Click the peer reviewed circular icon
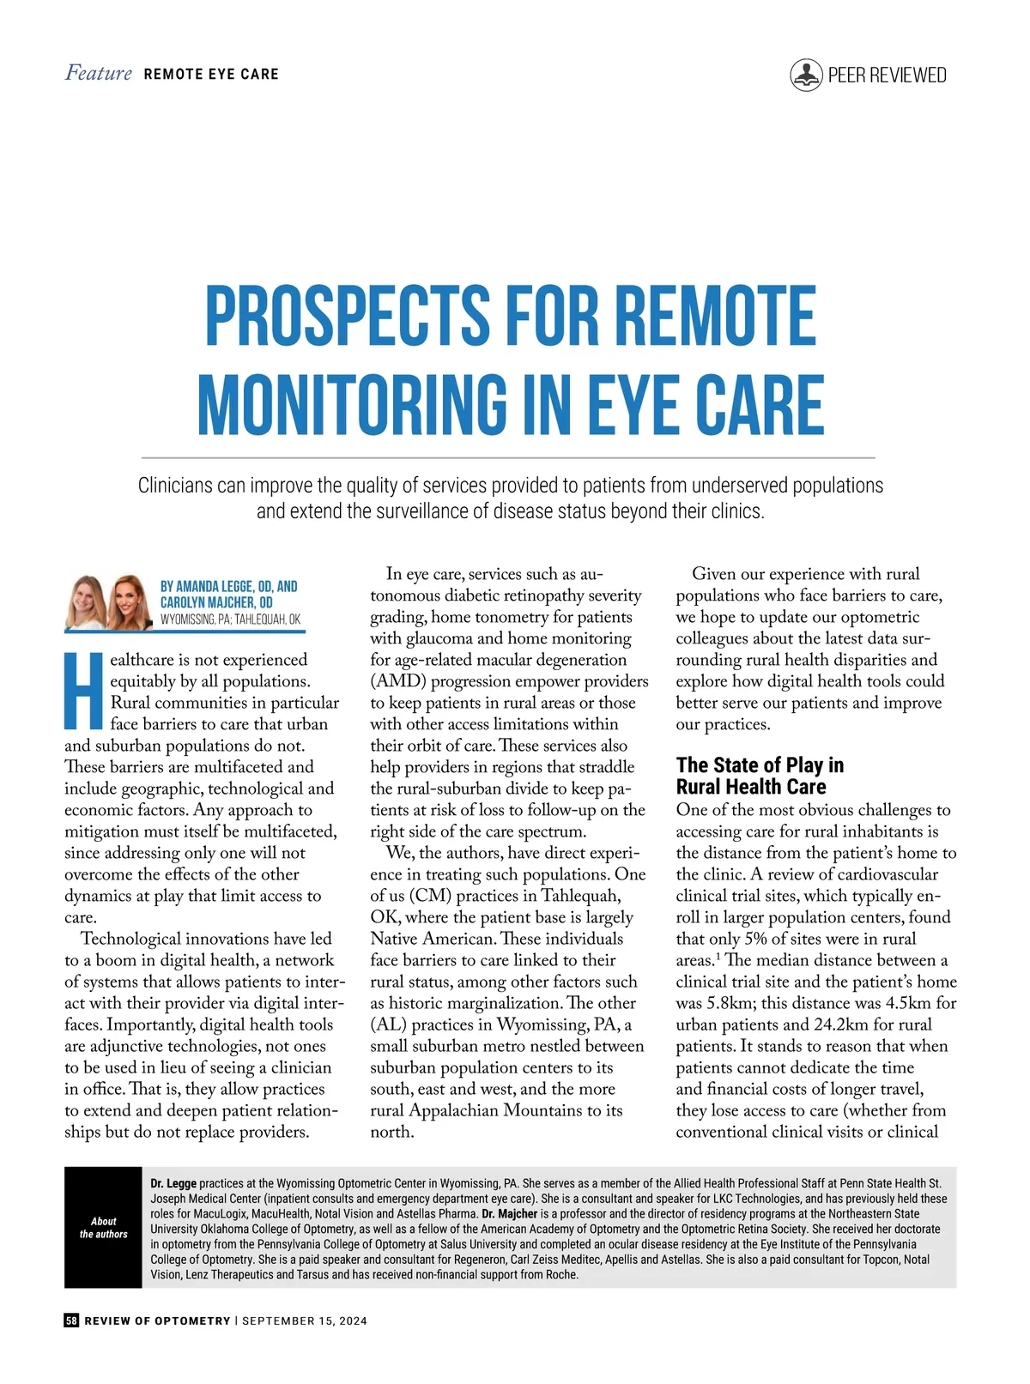tap(806, 76)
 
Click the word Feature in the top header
tap(99, 74)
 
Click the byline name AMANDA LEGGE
tap(215, 587)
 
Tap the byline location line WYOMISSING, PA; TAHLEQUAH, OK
tap(231, 619)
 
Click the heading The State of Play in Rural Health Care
tap(759, 776)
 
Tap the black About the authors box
tap(103, 1227)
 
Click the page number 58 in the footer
tap(71, 1321)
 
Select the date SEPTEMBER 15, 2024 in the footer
tap(305, 1321)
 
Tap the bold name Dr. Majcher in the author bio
tap(510, 1214)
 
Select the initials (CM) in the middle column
tap(429, 896)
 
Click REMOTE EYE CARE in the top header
tap(211, 75)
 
